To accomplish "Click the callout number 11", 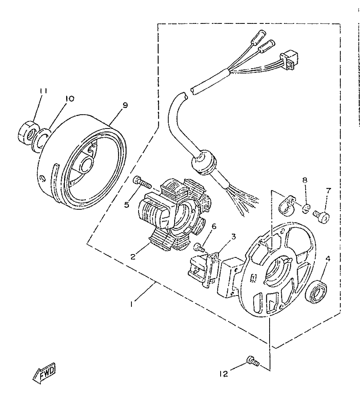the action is (43, 91).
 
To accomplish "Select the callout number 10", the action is (69, 98).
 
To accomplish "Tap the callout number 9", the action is (125, 105).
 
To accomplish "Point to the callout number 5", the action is (127, 205).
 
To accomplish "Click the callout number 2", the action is (133, 256).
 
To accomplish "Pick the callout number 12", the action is (224, 374).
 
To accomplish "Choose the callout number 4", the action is (328, 259).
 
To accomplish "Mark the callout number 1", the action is (131, 304).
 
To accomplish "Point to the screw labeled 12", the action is (252, 361).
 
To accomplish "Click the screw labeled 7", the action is (321, 217).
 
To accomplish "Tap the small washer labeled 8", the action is (306, 208).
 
